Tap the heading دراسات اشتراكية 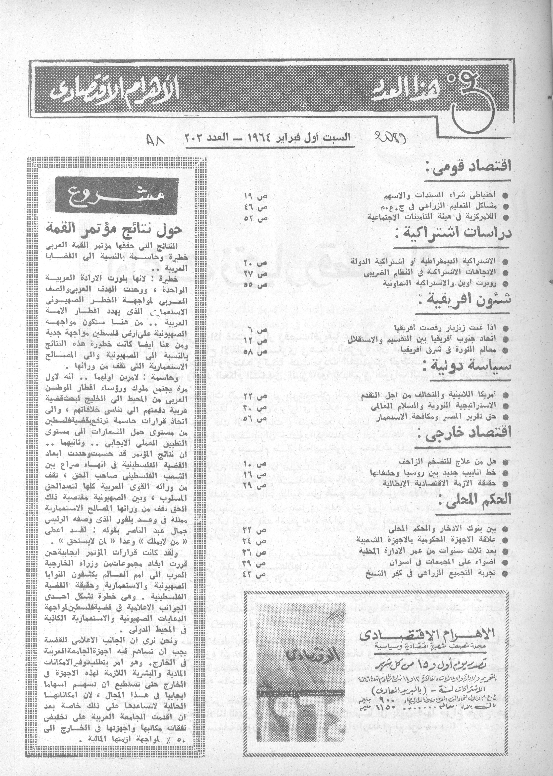[x=456, y=234]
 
